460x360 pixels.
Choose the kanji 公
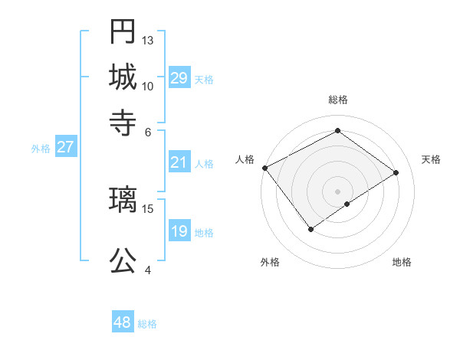click(x=123, y=260)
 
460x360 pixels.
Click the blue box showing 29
click(x=179, y=78)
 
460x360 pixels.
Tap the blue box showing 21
click(x=179, y=162)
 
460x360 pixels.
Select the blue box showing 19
click(x=179, y=231)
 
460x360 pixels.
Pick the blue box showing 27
click(x=65, y=147)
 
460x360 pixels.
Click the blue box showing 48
click(x=123, y=322)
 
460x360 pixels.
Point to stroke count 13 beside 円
click(x=148, y=40)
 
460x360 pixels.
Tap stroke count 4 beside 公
click(x=148, y=270)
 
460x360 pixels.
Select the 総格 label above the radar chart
click(x=337, y=100)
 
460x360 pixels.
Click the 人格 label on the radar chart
click(x=245, y=159)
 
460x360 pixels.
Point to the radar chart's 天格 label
click(x=431, y=159)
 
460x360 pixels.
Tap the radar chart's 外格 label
click(x=270, y=262)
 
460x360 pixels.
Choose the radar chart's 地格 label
click(x=402, y=262)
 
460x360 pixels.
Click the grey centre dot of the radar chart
click(x=337, y=191)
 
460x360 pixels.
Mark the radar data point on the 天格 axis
click(x=396, y=172)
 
